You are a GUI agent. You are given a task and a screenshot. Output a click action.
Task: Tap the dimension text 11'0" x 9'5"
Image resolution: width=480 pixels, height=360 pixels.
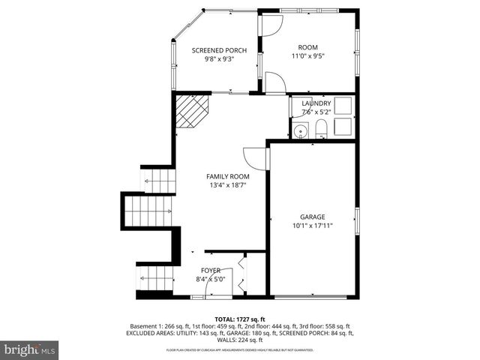[x=308, y=55]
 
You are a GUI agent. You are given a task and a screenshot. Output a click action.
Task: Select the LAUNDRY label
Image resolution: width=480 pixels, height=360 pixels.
[x=316, y=103]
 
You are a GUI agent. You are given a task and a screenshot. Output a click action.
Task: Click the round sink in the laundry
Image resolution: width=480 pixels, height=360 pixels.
[x=301, y=133]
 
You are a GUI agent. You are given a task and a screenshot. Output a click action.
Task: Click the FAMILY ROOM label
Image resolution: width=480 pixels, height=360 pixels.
[x=228, y=176]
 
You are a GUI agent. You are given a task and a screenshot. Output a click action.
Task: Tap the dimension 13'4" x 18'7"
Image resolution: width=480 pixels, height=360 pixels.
[x=228, y=184]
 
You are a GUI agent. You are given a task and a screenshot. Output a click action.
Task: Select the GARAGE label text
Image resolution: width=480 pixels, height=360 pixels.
[x=313, y=216]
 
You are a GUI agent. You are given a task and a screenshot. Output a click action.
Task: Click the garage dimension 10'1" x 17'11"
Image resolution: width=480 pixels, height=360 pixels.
[x=313, y=224]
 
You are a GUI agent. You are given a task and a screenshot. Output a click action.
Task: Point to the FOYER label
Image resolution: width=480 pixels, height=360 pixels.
[x=211, y=270]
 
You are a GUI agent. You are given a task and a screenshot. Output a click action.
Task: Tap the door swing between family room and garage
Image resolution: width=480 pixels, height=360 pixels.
[x=257, y=157]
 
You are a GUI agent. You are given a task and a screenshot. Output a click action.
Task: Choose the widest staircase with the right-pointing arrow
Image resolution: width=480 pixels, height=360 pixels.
[x=148, y=210]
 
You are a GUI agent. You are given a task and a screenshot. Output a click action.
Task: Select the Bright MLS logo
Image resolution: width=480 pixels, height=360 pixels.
[x=30, y=349]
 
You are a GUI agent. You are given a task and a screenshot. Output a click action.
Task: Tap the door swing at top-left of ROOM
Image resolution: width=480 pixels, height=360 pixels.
[x=270, y=25]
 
